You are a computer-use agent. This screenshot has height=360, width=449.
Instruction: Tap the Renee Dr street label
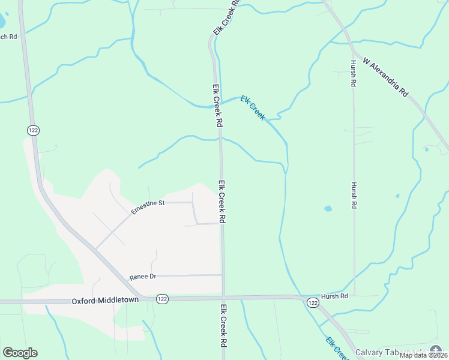(x=142, y=277)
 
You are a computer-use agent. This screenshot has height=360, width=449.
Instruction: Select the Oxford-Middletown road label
(x=105, y=300)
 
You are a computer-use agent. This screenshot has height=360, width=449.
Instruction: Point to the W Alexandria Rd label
(x=385, y=78)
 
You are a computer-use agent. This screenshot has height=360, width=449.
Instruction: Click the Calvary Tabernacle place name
(x=390, y=352)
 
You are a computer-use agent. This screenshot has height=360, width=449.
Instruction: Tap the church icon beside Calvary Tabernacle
(x=435, y=350)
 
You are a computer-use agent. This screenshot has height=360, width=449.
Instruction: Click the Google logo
(x=20, y=353)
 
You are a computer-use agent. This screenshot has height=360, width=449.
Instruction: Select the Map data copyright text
(x=423, y=355)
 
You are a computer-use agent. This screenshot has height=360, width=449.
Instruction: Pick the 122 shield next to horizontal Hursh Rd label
(x=312, y=303)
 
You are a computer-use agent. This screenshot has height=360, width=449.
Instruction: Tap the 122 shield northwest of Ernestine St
(x=32, y=130)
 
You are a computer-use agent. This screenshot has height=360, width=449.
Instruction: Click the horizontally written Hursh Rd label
(x=334, y=296)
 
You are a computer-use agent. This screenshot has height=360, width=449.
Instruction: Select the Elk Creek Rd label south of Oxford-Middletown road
(x=223, y=327)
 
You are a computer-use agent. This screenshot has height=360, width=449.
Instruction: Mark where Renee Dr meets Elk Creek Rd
(x=222, y=275)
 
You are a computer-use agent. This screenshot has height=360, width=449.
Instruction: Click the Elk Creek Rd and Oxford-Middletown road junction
(x=223, y=297)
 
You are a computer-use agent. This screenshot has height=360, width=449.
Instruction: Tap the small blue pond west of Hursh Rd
(x=328, y=209)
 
